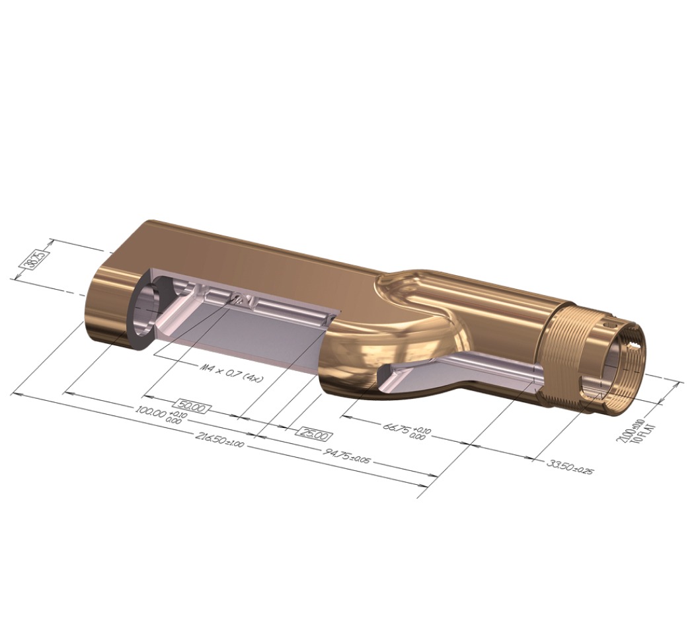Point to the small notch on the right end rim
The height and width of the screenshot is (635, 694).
[x=636, y=345]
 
